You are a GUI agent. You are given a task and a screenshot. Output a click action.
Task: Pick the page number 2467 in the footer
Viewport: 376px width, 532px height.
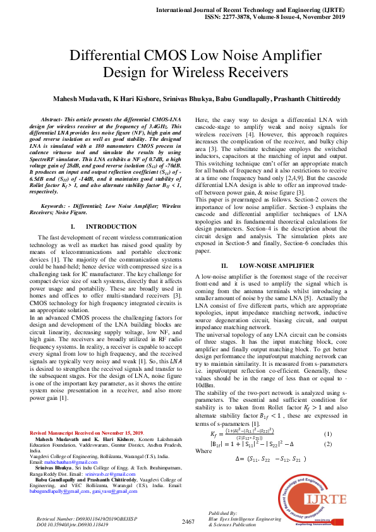tap(188, 521)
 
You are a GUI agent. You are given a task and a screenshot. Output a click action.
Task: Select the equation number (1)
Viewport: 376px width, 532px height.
tap(327, 434)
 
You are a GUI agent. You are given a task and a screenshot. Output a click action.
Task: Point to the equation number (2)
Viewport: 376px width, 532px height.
tap(327, 444)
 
